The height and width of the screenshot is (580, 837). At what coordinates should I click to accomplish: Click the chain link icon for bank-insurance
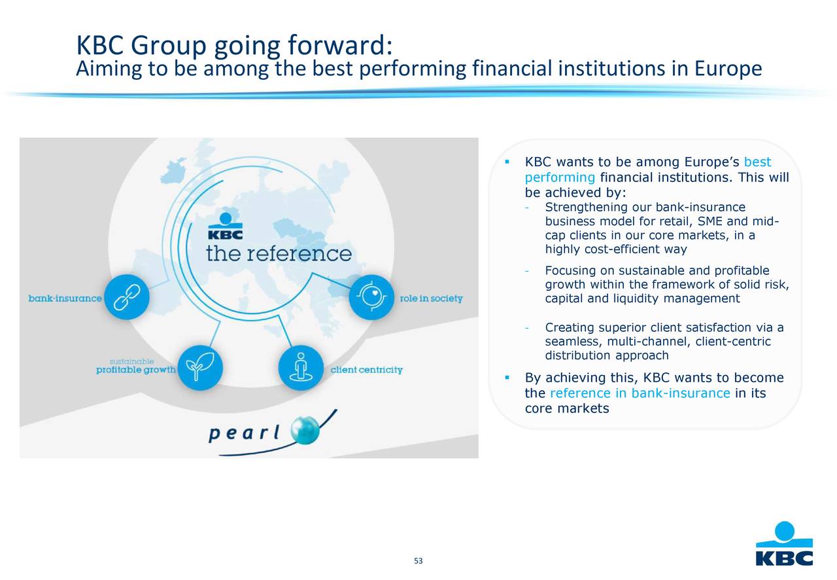[127, 298]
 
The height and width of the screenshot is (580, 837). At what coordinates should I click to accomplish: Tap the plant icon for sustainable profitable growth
[200, 367]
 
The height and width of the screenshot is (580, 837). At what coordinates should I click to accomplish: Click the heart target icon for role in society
[371, 297]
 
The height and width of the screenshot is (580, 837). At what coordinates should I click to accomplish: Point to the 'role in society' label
[431, 299]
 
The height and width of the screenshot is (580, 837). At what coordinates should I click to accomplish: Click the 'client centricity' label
[366, 370]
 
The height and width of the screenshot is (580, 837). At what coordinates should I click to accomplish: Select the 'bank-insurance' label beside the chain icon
[65, 299]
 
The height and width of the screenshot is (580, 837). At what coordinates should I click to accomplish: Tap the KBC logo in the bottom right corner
[784, 544]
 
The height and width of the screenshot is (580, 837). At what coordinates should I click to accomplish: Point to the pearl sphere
[305, 430]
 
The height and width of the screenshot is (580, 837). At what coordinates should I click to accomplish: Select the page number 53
[418, 561]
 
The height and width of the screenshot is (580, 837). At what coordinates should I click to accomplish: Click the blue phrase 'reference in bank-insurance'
[640, 393]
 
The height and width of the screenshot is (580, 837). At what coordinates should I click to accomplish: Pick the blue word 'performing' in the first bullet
[560, 177]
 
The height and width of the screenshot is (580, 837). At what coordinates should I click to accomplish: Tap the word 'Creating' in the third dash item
[567, 327]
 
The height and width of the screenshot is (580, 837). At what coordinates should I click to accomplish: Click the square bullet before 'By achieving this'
[507, 378]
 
